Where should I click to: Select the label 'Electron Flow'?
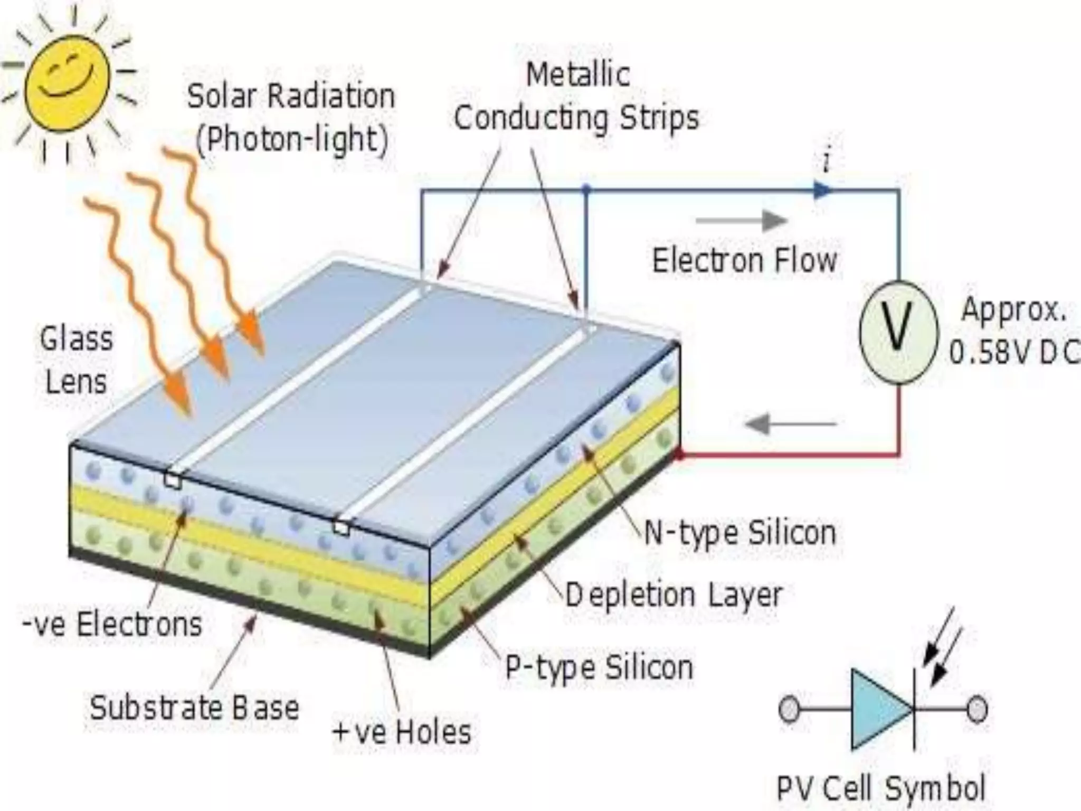coord(745,260)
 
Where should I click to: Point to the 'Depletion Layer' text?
coord(674,595)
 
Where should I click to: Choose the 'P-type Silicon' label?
coord(599,667)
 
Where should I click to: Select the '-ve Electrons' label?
coord(112,624)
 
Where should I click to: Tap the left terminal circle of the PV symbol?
coord(789,709)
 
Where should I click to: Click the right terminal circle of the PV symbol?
coord(976,709)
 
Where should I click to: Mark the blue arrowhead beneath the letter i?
coord(821,190)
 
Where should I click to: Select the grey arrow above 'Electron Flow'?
coord(742,221)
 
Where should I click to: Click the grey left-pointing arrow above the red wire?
coord(790,423)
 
